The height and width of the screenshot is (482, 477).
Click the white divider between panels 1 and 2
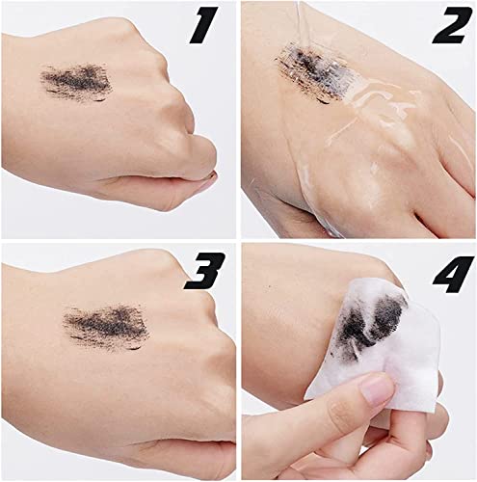point(238,116)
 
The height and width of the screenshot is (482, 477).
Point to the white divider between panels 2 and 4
point(357,241)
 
